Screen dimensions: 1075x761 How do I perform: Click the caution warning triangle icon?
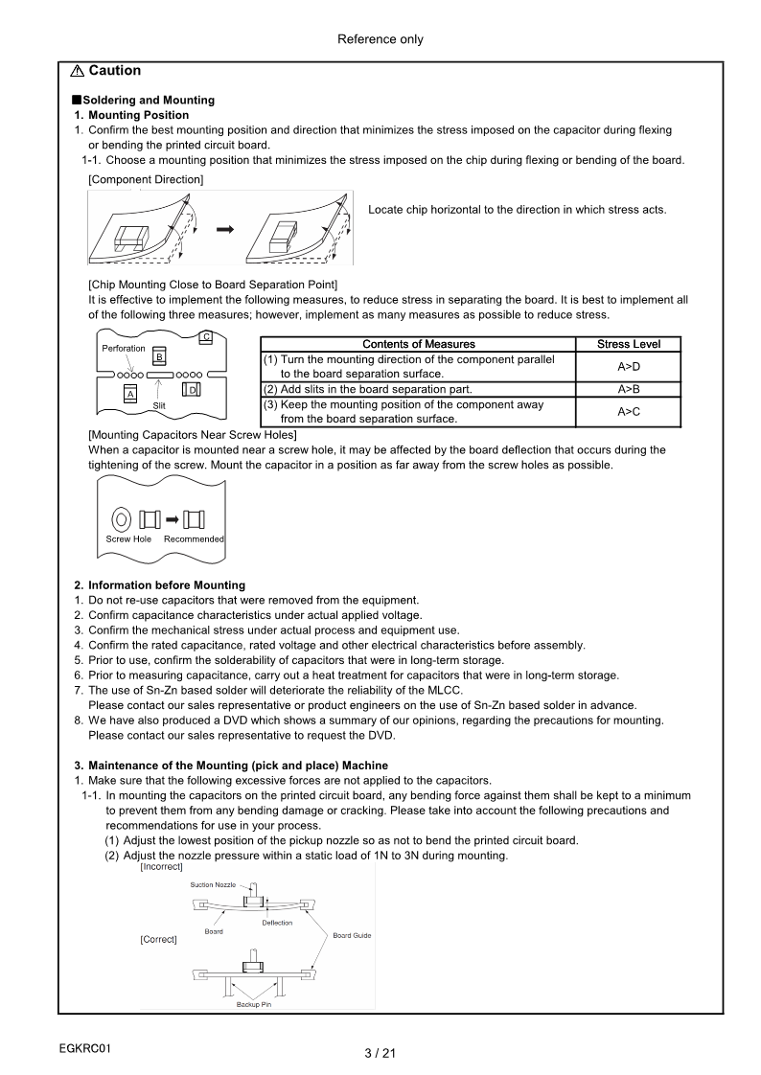pyautogui.click(x=77, y=71)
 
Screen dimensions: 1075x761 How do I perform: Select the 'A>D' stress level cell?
pyautogui.click(x=628, y=367)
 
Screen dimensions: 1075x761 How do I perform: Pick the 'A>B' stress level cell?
pyautogui.click(x=628, y=389)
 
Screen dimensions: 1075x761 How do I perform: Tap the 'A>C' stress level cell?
pyautogui.click(x=628, y=412)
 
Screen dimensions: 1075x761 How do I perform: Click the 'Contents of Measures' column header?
pyautogui.click(x=418, y=344)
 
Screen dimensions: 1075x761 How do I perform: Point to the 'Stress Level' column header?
pyautogui.click(x=628, y=344)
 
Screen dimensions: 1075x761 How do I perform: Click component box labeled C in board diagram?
pyautogui.click(x=206, y=336)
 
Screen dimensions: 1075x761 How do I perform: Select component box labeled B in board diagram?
pyautogui.click(x=160, y=356)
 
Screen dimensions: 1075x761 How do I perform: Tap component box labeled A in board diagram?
pyautogui.click(x=130, y=392)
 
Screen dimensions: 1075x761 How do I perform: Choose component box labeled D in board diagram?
pyautogui.click(x=192, y=390)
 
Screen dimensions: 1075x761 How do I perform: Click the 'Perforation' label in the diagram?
pyautogui.click(x=124, y=349)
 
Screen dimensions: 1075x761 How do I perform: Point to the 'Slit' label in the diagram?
pyautogui.click(x=161, y=406)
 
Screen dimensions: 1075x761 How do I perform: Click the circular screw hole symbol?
pyautogui.click(x=121, y=519)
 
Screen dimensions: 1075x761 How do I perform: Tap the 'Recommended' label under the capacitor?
pyautogui.click(x=194, y=539)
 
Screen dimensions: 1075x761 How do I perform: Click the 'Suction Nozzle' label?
pyautogui.click(x=213, y=884)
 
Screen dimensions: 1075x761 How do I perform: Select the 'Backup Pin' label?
pyautogui.click(x=254, y=1004)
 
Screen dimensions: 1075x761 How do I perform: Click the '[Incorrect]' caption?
pyautogui.click(x=161, y=866)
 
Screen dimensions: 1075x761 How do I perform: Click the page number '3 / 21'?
pyautogui.click(x=380, y=1054)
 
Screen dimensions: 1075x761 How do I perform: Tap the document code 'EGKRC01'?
pyautogui.click(x=85, y=1047)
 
